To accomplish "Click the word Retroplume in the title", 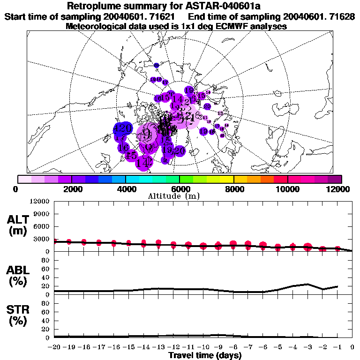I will (x=92, y=7).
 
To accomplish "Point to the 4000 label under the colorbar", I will (x=126, y=189).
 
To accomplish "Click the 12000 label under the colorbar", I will (x=341, y=189).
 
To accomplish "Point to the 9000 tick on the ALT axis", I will (x=42, y=214).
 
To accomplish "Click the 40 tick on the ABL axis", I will (x=45, y=277).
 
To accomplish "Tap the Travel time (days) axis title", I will (x=205, y=356).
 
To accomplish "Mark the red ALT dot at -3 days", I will (x=307, y=247).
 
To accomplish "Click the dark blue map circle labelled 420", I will (x=123, y=128).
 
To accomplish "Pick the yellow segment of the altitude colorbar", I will (x=227, y=179).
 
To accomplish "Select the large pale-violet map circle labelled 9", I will (x=147, y=134).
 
